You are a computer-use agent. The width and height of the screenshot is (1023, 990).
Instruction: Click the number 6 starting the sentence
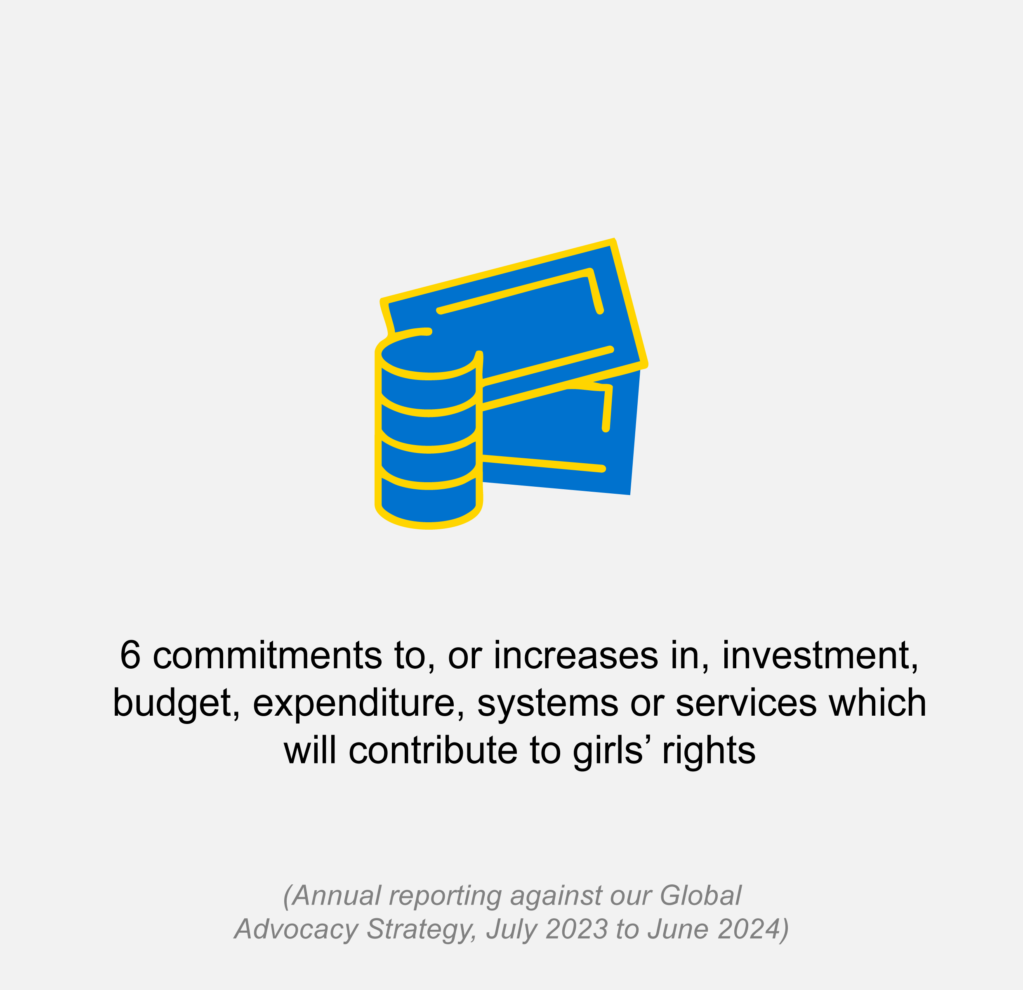[x=130, y=655]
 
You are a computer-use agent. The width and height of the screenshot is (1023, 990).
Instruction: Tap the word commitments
[x=267, y=655]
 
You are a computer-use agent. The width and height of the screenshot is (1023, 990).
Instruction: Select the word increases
[x=576, y=655]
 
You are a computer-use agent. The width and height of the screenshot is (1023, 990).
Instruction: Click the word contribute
[x=433, y=750]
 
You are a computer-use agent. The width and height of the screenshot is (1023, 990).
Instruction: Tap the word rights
[x=709, y=750]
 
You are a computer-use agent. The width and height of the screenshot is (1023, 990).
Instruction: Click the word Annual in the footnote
[x=336, y=896]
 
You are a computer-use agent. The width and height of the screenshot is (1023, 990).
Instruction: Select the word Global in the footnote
[x=700, y=896]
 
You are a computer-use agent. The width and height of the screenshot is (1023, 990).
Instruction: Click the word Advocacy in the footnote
[x=297, y=929]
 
